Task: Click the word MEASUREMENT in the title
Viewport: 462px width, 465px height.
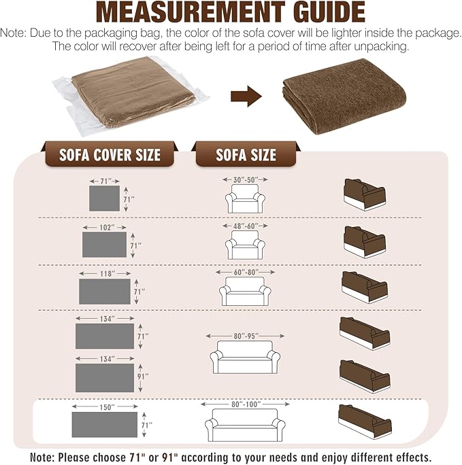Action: pyautogui.click(x=191, y=12)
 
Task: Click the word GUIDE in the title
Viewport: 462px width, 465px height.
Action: pyautogui.click(x=329, y=12)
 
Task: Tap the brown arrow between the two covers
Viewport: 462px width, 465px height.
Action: pyautogui.click(x=246, y=96)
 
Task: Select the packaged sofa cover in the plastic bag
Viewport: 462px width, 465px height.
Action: pyautogui.click(x=131, y=95)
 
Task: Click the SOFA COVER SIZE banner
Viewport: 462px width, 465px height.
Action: pyautogui.click(x=110, y=154)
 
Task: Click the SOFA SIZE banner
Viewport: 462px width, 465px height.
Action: pyautogui.click(x=246, y=154)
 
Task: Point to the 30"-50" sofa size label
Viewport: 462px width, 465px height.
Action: pyautogui.click(x=246, y=179)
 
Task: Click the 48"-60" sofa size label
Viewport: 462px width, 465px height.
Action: pyautogui.click(x=246, y=226)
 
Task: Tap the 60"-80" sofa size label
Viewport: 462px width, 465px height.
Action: pyautogui.click(x=246, y=272)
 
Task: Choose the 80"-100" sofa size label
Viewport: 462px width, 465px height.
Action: pyautogui.click(x=246, y=404)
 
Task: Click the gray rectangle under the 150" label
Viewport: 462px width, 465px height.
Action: pyautogui.click(x=105, y=424)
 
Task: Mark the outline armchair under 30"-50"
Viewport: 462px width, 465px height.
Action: pyautogui.click(x=245, y=199)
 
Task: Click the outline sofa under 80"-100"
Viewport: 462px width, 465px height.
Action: pyautogui.click(x=245, y=426)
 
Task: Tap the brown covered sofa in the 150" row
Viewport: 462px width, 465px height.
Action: pyautogui.click(x=365, y=421)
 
